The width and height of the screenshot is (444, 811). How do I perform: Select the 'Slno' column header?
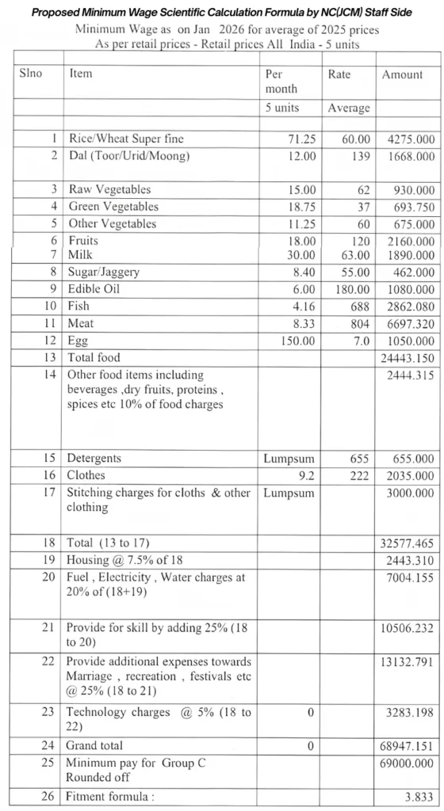point(31,73)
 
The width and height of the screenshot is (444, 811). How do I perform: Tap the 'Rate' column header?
point(339,74)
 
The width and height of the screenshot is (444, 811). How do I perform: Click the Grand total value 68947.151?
point(406,746)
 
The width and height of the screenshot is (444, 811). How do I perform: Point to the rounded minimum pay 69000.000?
point(406,763)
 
